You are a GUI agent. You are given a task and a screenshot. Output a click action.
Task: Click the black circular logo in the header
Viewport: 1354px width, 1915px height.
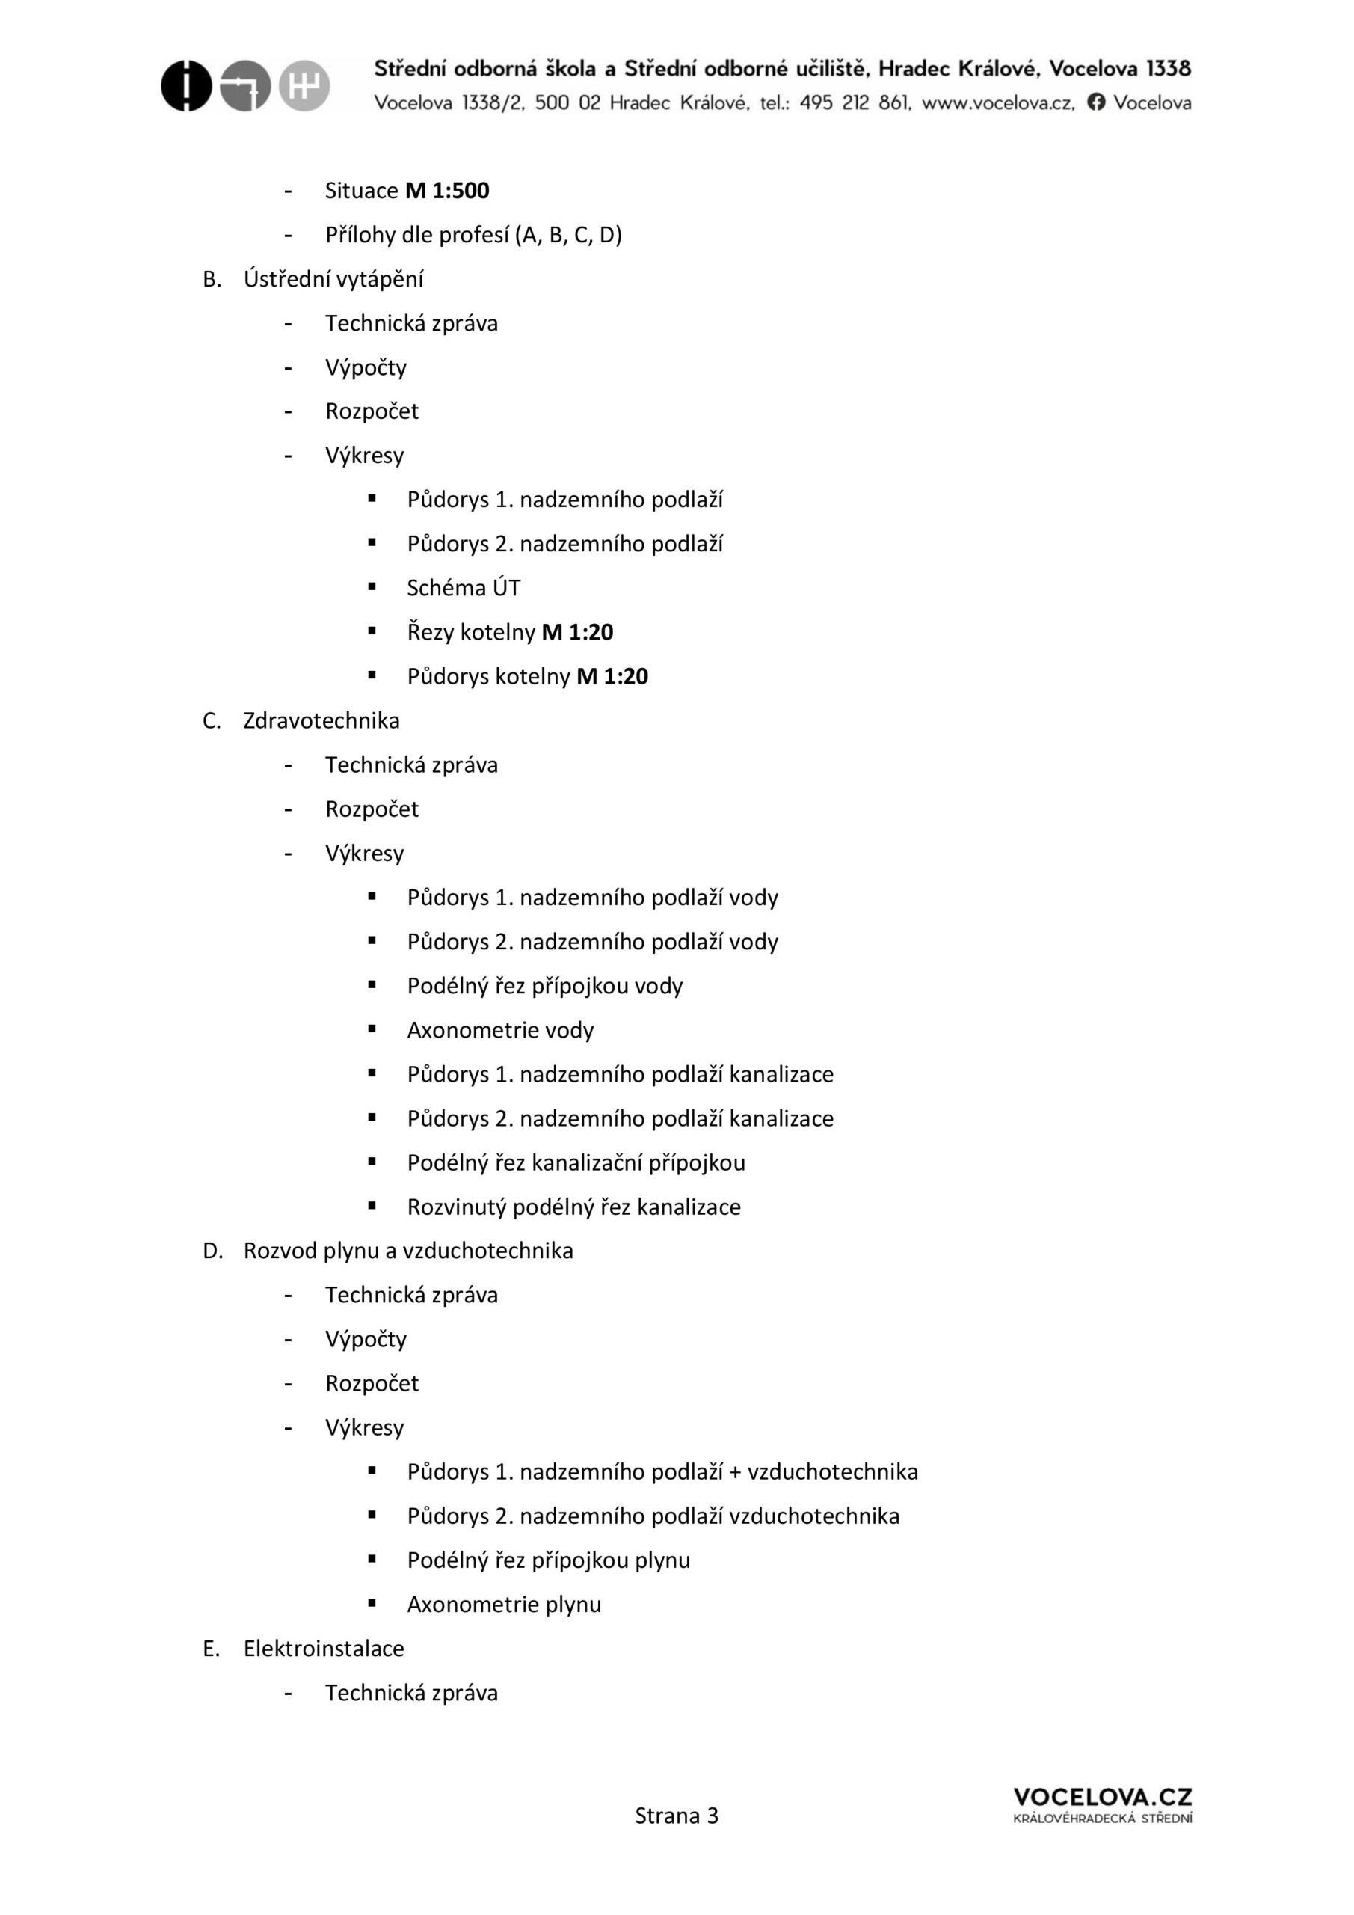coord(186,86)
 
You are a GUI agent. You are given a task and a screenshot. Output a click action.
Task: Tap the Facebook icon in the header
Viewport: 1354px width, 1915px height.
coord(1096,102)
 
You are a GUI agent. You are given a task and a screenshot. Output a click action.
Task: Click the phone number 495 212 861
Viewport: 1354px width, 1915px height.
coord(855,103)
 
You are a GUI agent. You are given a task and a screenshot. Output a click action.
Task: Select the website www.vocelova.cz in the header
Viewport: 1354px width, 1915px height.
coord(998,103)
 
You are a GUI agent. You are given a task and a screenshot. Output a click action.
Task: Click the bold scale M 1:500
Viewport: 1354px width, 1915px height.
coord(447,191)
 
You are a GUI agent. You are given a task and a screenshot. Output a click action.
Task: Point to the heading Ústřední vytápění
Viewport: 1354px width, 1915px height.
coord(333,280)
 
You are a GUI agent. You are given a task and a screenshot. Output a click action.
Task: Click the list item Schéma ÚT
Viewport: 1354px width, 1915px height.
coord(464,589)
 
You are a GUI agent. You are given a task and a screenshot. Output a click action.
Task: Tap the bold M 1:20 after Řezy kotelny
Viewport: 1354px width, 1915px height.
coord(577,632)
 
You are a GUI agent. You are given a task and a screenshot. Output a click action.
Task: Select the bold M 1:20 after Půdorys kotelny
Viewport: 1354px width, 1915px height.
coord(612,676)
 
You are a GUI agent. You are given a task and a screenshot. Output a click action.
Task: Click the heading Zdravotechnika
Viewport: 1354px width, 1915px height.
coord(321,720)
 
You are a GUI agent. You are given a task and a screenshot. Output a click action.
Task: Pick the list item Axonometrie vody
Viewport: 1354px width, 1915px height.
coord(500,1031)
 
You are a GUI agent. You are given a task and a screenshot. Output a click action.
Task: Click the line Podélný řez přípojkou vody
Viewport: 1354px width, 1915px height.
coord(544,987)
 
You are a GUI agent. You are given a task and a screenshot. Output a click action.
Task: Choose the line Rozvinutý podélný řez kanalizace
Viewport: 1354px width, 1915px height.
coord(573,1207)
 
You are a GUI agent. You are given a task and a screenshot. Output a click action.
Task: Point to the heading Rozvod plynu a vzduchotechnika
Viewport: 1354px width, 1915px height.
coord(407,1251)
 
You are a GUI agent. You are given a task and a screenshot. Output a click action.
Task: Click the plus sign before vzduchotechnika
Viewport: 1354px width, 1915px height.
coord(734,1472)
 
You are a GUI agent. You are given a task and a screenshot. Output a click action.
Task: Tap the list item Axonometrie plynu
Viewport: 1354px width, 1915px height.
coord(504,1605)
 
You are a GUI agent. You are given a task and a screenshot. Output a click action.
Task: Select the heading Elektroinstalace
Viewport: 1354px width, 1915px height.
coord(324,1649)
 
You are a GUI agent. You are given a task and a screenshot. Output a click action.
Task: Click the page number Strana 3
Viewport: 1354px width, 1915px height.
coord(676,1816)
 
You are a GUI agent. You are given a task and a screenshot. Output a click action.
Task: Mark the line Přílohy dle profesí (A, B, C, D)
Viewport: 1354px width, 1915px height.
coord(473,235)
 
